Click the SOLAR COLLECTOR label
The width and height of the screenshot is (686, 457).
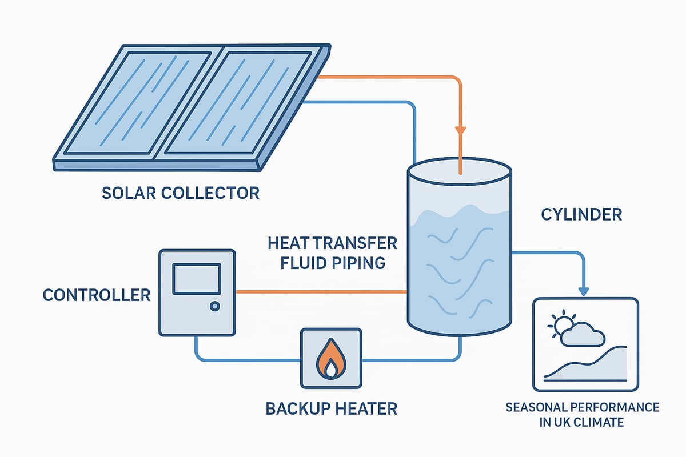[x=180, y=193]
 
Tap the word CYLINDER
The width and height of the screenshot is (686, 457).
[x=581, y=215]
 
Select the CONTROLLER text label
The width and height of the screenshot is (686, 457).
[x=97, y=295]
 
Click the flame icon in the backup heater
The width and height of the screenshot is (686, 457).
[x=331, y=359]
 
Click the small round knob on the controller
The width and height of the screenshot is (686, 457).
[x=214, y=307]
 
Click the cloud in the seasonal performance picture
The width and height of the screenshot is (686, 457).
[x=583, y=336]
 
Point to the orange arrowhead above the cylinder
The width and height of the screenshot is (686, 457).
[x=460, y=131]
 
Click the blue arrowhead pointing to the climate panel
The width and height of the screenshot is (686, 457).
[x=584, y=291]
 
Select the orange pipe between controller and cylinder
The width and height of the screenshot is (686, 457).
[x=320, y=292]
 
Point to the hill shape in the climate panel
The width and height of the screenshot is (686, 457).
[x=600, y=366]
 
